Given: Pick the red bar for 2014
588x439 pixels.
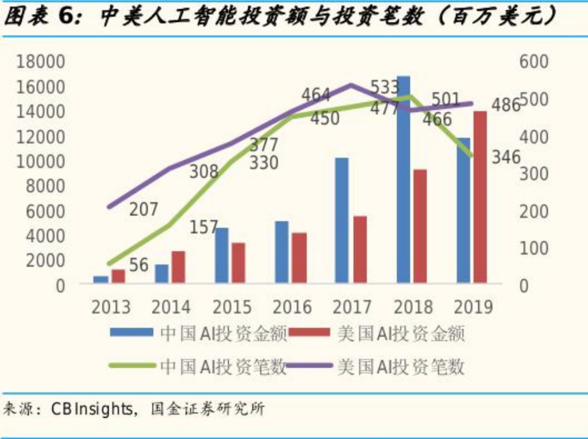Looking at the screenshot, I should click(x=178, y=267).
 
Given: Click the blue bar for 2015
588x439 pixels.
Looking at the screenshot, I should click(x=221, y=255).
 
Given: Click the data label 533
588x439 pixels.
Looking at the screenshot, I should click(x=385, y=87).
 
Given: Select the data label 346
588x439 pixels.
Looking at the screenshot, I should click(x=506, y=158).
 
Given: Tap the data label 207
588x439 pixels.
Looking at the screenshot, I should click(x=143, y=209).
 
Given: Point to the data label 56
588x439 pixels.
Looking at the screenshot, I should click(x=138, y=265).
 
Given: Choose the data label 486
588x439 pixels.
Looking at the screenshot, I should click(x=506, y=105).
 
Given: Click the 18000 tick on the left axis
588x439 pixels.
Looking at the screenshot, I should click(x=40, y=62).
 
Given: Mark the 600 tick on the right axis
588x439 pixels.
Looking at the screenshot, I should click(x=533, y=62).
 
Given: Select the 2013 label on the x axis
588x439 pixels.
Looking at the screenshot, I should click(x=111, y=307).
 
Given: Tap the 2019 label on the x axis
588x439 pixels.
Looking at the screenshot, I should click(x=473, y=307).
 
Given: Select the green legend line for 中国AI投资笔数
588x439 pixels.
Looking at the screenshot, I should click(x=132, y=366).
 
